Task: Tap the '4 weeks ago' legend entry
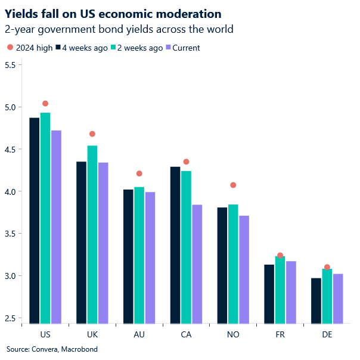[x=82, y=48]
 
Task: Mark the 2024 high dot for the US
[x=45, y=104]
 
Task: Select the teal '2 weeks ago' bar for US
[x=45, y=218]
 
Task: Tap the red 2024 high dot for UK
[x=92, y=134]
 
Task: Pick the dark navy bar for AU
[x=128, y=257]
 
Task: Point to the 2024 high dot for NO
[x=233, y=185]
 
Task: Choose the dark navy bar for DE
[x=316, y=301]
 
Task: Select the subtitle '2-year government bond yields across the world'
[x=119, y=29]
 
